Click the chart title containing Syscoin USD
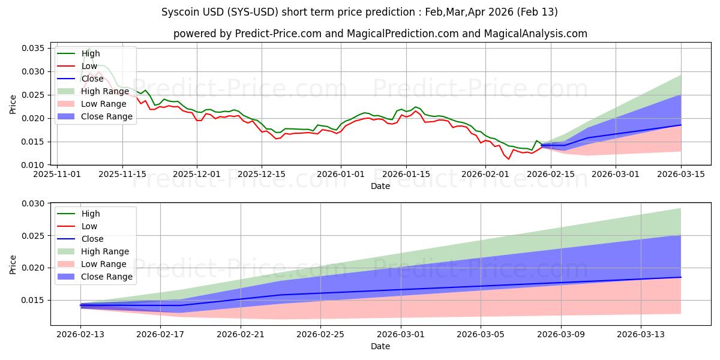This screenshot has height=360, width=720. pyautogui.click(x=359, y=12)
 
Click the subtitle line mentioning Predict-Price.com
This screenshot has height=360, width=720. pyautogui.click(x=380, y=34)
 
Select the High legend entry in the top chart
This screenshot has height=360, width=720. pyautogui.click(x=91, y=53)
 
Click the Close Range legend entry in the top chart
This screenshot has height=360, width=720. pyautogui.click(x=106, y=116)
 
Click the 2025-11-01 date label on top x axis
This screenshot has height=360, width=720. pyautogui.click(x=57, y=174)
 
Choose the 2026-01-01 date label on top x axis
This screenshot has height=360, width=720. pyautogui.click(x=341, y=174)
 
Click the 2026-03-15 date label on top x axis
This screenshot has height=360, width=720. pyautogui.click(x=681, y=174)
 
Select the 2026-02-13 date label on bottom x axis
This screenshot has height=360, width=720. pyautogui.click(x=80, y=334)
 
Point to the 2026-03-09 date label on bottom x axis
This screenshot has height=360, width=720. pyautogui.click(x=561, y=334)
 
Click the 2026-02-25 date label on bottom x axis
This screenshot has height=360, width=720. pyautogui.click(x=320, y=334)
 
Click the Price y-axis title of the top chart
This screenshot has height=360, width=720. pyautogui.click(x=13, y=103)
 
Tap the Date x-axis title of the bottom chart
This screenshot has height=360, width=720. pyautogui.click(x=380, y=346)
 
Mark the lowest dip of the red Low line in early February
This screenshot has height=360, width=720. pyautogui.click(x=509, y=159)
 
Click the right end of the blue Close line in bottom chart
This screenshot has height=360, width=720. pyautogui.click(x=681, y=277)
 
